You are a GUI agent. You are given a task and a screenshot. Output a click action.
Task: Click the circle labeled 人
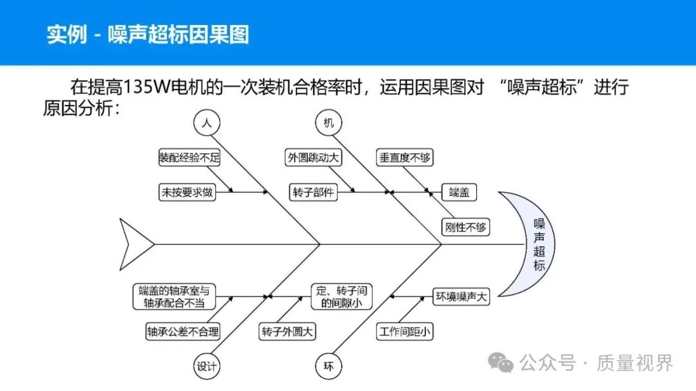(206, 122)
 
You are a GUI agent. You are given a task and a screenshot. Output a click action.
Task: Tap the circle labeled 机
(329, 122)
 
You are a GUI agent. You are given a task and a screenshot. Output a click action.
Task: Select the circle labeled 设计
(206, 367)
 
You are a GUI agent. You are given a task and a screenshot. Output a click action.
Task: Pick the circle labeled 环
(329, 367)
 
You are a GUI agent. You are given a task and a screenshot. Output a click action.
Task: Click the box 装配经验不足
(189, 157)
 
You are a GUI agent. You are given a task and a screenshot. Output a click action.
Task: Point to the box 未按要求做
(187, 191)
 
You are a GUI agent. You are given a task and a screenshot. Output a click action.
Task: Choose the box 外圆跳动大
(313, 157)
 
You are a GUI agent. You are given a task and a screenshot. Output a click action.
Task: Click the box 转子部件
(313, 191)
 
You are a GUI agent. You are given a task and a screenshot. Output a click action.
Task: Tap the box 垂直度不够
(403, 157)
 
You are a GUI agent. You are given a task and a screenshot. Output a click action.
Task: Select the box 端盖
(459, 191)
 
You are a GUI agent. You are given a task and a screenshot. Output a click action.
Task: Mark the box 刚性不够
(465, 227)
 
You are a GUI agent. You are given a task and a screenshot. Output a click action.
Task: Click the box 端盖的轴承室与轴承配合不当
(174, 296)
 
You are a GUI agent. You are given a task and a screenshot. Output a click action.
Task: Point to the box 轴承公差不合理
(183, 332)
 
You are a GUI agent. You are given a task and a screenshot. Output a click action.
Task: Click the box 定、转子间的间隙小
(342, 296)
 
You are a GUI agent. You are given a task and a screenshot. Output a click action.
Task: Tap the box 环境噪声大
(462, 297)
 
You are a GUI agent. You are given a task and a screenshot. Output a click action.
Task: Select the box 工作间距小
(405, 332)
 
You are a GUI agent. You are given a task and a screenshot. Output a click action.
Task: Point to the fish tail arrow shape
(134, 244)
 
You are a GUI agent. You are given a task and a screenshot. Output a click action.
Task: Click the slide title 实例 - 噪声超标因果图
(148, 34)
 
